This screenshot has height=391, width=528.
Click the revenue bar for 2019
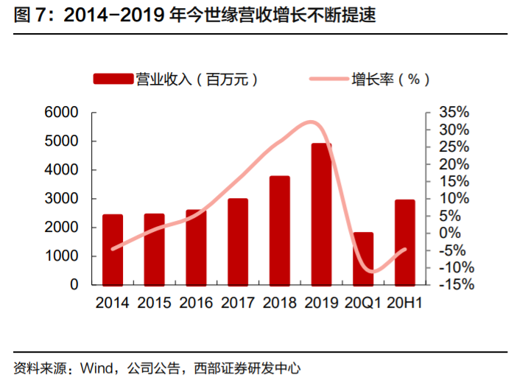tap(321, 214)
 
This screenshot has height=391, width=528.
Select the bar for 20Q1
tap(363, 258)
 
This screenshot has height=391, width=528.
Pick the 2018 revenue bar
tap(279, 230)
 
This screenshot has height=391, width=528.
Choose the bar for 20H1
tap(405, 242)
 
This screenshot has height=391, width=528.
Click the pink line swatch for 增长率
tap(323, 79)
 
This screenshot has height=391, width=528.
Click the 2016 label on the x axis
tap(195, 303)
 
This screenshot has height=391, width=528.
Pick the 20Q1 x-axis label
tap(363, 303)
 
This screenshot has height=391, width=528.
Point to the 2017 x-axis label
tap(237, 303)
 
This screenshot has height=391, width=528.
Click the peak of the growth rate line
tap(312, 121)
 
